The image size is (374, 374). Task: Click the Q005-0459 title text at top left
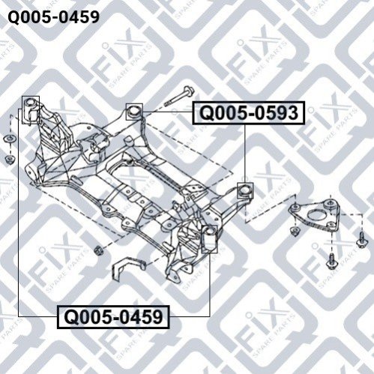coord(54,17)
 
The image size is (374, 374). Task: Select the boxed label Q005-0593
coord(249,112)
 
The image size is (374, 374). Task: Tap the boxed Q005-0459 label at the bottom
coord(114,317)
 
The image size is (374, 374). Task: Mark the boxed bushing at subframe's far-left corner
coord(31,110)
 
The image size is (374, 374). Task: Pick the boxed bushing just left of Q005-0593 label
coord(134,112)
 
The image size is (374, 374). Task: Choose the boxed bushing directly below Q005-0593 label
coord(245,190)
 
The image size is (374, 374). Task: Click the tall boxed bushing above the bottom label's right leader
coord(209,239)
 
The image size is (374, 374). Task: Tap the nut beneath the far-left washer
coord(10,159)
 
